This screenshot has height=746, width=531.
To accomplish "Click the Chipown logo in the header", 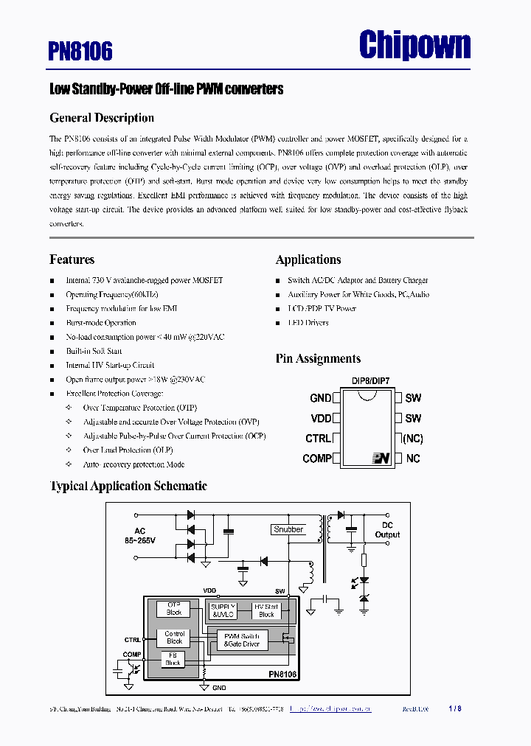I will pyautogui.click(x=414, y=46).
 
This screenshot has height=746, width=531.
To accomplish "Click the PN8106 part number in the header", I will pyautogui.click(x=80, y=51).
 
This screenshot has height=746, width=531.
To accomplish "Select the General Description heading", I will pyautogui.click(x=102, y=118).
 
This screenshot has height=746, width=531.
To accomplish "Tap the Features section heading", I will pyautogui.click(x=72, y=259).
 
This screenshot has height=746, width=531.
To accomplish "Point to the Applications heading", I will pyautogui.click(x=308, y=259).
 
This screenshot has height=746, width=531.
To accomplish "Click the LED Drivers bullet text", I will pyautogui.click(x=308, y=323).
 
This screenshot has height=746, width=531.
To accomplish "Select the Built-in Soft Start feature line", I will pyautogui.click(x=94, y=351).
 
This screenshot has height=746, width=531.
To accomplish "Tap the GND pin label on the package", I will pyautogui.click(x=321, y=398).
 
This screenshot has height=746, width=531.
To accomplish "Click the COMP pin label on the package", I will pyautogui.click(x=317, y=459).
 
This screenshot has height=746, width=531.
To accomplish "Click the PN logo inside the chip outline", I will pyautogui.click(x=381, y=459).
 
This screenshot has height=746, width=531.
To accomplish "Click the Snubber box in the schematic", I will pyautogui.click(x=288, y=529).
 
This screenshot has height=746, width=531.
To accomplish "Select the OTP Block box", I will pyautogui.click(x=174, y=609).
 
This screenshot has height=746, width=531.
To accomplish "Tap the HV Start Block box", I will pyautogui.click(x=266, y=610).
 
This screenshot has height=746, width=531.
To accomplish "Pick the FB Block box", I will pyautogui.click(x=173, y=659).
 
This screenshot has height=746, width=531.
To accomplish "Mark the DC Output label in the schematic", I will pyautogui.click(x=387, y=530).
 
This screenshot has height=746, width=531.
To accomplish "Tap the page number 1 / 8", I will pyautogui.click(x=455, y=709).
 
